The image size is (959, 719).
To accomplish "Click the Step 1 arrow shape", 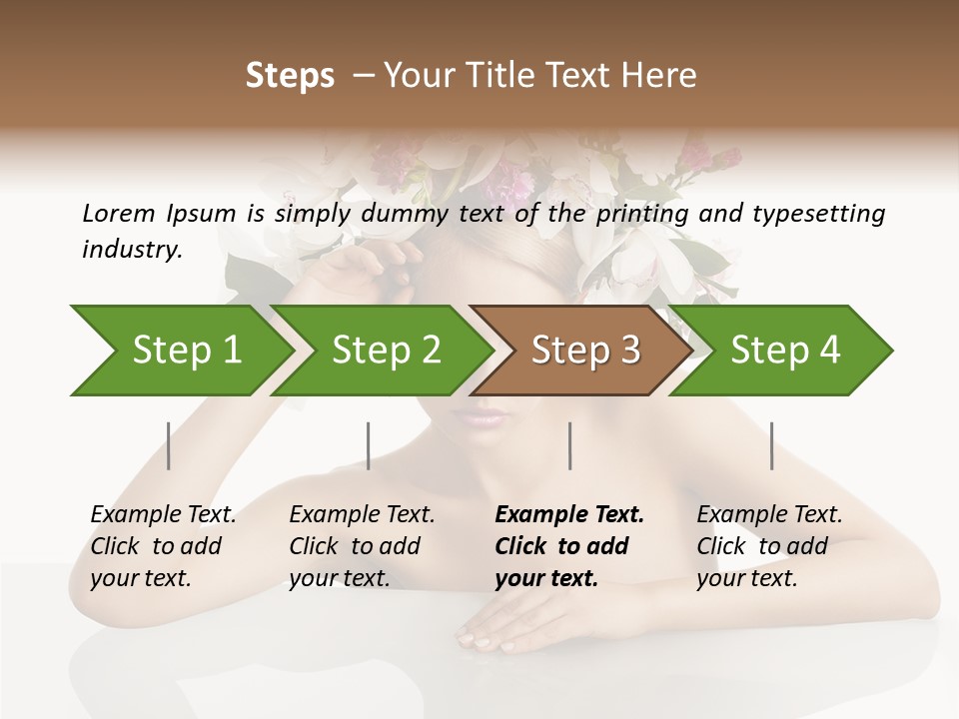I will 180,350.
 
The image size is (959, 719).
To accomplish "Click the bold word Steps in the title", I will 290,76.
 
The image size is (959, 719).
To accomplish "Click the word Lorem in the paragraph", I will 118,213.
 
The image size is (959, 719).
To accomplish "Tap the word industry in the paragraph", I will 132,250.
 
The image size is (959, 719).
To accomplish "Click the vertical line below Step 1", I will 169,445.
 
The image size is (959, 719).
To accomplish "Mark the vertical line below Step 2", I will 369,445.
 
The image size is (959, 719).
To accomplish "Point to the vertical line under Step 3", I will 569,445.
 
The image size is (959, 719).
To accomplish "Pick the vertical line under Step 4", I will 771,445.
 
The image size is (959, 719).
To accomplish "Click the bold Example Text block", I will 568,546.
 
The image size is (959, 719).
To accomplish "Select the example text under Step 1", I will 163,546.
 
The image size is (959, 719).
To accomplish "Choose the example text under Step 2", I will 362,546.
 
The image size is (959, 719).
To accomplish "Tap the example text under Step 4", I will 769,546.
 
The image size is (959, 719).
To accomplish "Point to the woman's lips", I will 480,415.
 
